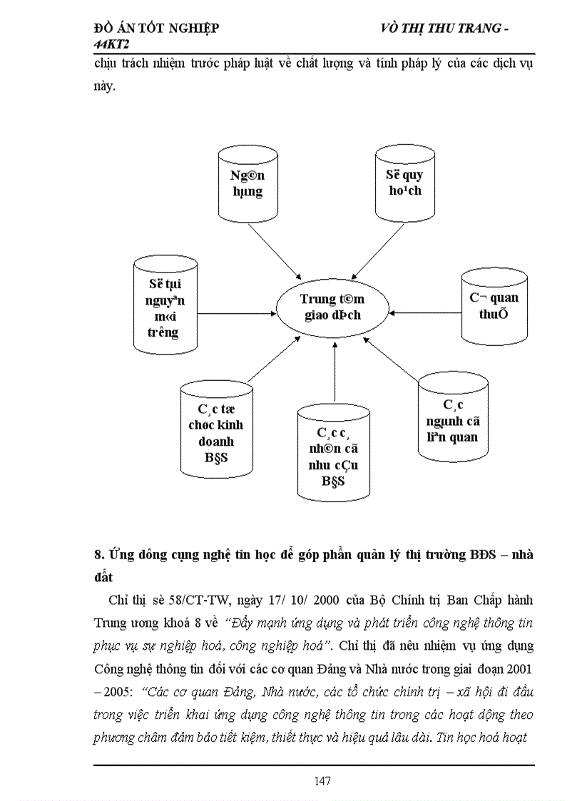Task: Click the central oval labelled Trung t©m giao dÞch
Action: [x=332, y=307]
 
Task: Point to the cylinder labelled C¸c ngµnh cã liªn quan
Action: [x=453, y=415]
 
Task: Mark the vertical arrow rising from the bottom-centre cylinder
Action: [x=334, y=371]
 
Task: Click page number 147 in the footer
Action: [x=322, y=780]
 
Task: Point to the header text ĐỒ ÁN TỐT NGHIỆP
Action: [x=156, y=29]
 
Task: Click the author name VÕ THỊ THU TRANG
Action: [x=438, y=29]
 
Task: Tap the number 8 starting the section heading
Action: [x=98, y=555]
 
